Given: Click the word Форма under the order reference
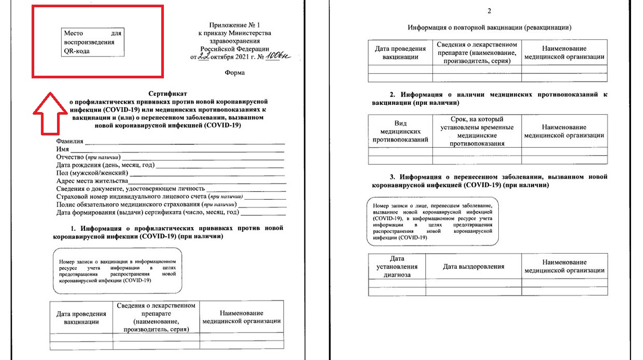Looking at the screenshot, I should [x=234, y=73].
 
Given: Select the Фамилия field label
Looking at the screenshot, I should [x=70, y=141].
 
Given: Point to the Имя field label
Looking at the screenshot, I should [x=63, y=149].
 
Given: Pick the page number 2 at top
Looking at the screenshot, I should [x=489, y=11].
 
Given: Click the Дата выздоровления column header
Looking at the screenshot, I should [x=473, y=267].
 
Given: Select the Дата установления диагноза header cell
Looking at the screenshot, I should [x=397, y=267].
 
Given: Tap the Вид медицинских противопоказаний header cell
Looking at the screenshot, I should [x=400, y=132].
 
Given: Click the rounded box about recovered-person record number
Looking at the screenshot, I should [x=432, y=221].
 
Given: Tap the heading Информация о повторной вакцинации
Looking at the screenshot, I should [x=490, y=27].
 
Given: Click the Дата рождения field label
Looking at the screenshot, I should [x=105, y=165].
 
